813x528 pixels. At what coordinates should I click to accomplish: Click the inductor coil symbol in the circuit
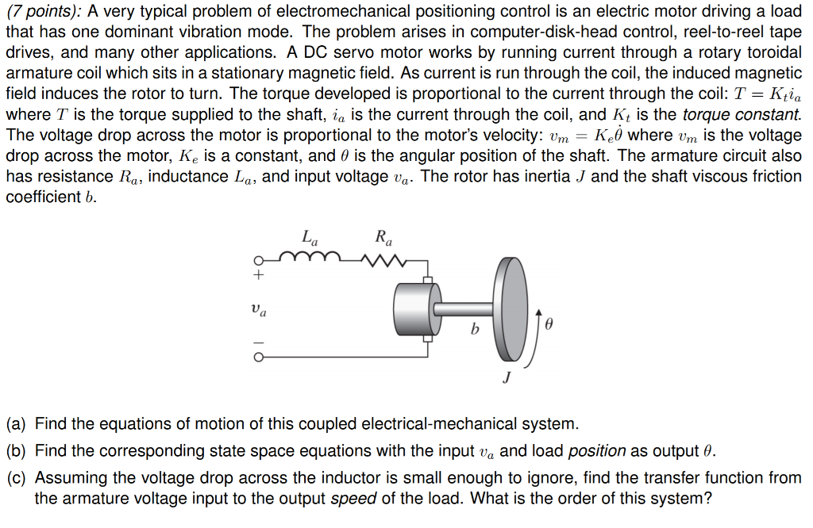318,256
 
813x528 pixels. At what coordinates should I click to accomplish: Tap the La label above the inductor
310,236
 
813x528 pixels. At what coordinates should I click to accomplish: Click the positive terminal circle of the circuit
257,261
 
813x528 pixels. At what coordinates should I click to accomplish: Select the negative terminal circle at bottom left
257,357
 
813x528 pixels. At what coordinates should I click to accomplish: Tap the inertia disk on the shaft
511,308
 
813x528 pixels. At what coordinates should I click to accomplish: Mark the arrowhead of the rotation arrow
541,312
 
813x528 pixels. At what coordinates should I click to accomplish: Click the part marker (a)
17,424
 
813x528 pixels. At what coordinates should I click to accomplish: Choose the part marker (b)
17,451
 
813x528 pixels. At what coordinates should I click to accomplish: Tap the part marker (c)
17,478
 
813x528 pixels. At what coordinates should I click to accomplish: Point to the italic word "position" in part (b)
597,451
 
